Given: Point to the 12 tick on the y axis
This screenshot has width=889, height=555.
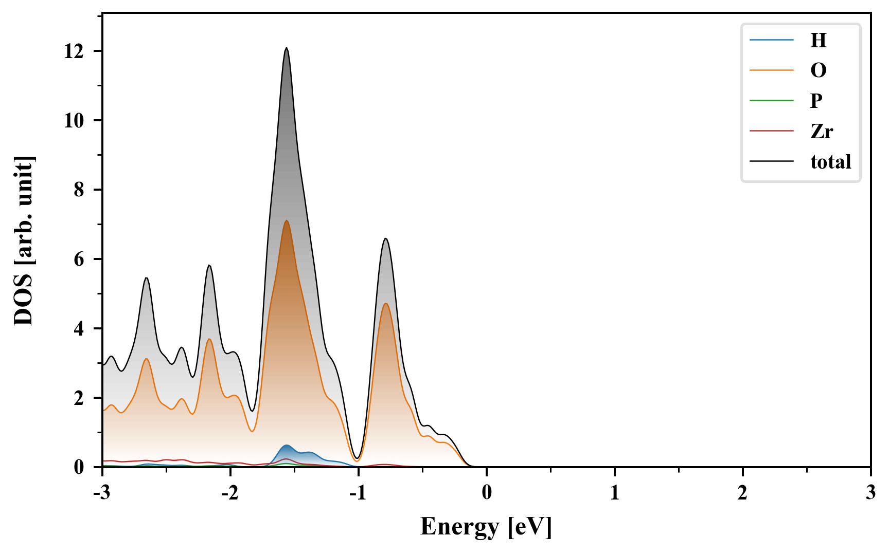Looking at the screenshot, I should tap(74, 51).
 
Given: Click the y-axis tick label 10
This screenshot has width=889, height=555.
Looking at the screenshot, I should tap(74, 121).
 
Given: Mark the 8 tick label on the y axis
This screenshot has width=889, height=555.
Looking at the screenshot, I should tap(79, 190).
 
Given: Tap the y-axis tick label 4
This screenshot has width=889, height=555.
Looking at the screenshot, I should tap(79, 329).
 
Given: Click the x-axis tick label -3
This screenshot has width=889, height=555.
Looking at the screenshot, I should tap(102, 493).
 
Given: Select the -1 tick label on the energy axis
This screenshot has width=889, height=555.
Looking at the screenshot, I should tap(358, 493).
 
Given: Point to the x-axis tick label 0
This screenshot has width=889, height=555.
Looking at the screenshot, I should tap(487, 493).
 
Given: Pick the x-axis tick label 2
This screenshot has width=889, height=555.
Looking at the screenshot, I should tap(742, 493).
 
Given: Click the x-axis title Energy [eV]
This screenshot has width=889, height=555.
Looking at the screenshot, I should tap(486, 527).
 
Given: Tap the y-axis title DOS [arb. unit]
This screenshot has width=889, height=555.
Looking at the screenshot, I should tap(24, 240).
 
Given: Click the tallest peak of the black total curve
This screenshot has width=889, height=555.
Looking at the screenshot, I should tap(287, 48).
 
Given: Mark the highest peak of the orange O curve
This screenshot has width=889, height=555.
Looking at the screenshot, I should tap(287, 220).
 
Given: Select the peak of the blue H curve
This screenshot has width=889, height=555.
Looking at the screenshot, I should tap(287, 445).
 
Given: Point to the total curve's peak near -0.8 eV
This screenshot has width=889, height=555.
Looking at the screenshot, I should tap(385, 238).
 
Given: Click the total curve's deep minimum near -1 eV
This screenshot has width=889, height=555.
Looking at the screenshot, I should tap(357, 458).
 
